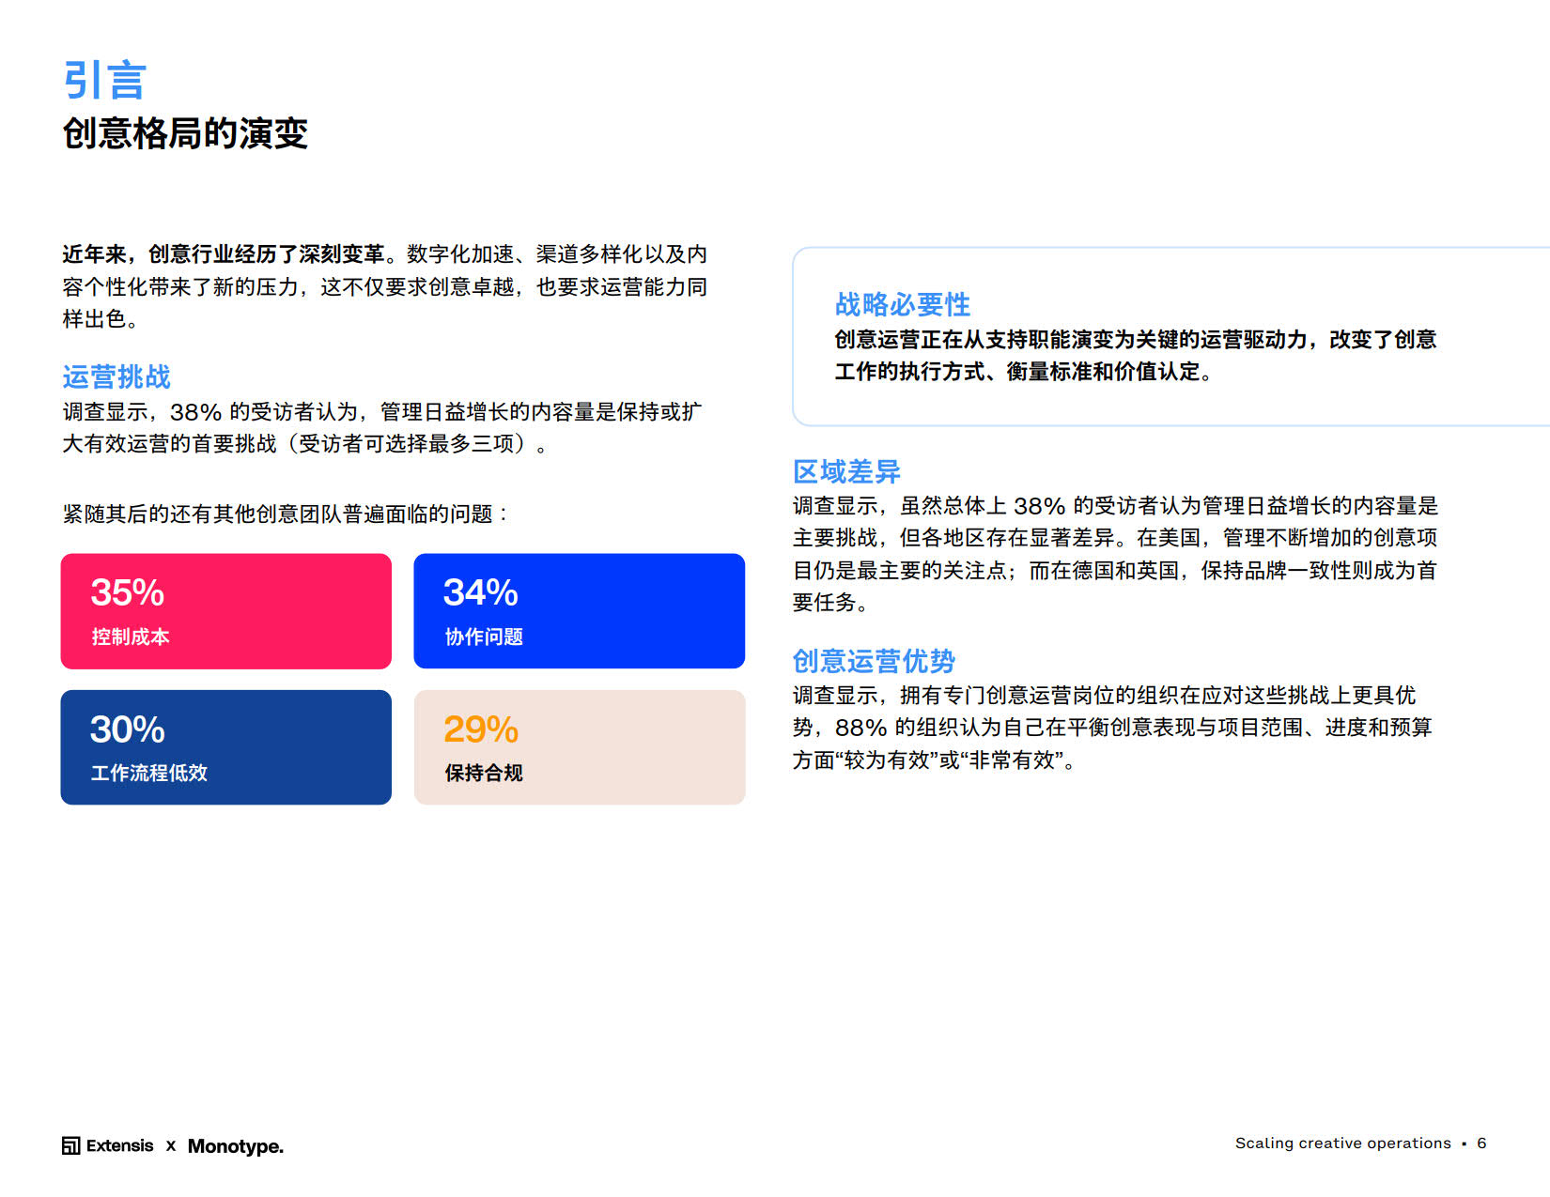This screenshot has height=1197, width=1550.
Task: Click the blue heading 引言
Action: (105, 80)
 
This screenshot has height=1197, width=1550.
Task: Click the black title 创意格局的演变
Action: (185, 133)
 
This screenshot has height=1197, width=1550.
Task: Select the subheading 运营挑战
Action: (117, 376)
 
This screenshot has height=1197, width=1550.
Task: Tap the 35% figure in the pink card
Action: (128, 592)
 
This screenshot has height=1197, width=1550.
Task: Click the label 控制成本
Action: (131, 637)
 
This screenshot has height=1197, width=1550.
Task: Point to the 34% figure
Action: (481, 592)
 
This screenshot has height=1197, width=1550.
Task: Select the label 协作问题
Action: (485, 637)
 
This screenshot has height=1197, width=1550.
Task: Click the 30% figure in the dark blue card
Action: (128, 729)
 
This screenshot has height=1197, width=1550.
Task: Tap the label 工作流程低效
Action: (149, 773)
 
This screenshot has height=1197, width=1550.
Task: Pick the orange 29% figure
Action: (481, 729)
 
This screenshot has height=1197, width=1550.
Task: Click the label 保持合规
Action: (485, 773)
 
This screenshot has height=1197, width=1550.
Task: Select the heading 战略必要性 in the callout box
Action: (903, 304)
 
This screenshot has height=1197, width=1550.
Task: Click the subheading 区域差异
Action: (846, 471)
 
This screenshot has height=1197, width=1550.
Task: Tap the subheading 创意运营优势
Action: (874, 661)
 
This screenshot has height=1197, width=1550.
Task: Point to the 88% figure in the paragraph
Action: (860, 728)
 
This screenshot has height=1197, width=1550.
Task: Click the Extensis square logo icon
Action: (70, 1145)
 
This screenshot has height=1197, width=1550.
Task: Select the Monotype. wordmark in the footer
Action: (236, 1146)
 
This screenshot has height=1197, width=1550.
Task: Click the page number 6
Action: (1481, 1143)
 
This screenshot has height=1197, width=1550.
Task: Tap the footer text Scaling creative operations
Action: (1343, 1143)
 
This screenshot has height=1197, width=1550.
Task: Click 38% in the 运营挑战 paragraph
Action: (195, 412)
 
